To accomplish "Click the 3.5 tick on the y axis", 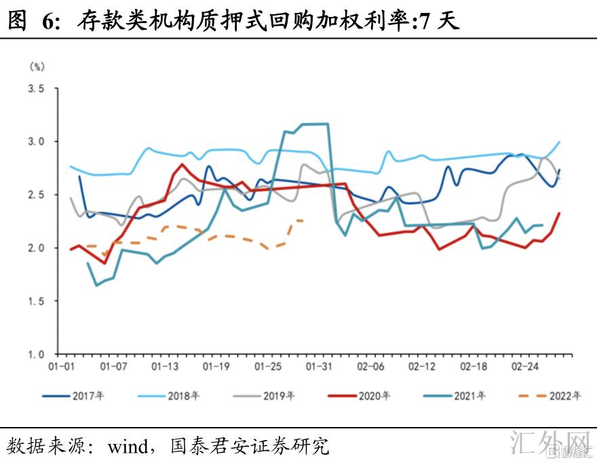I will pyautogui.click(x=36, y=89).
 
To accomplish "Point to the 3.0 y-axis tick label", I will pyautogui.click(x=36, y=142).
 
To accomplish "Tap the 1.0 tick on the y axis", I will pyautogui.click(x=36, y=354).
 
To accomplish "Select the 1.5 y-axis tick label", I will pyautogui.click(x=36, y=301).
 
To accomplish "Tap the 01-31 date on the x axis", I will pyautogui.click(x=318, y=367).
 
